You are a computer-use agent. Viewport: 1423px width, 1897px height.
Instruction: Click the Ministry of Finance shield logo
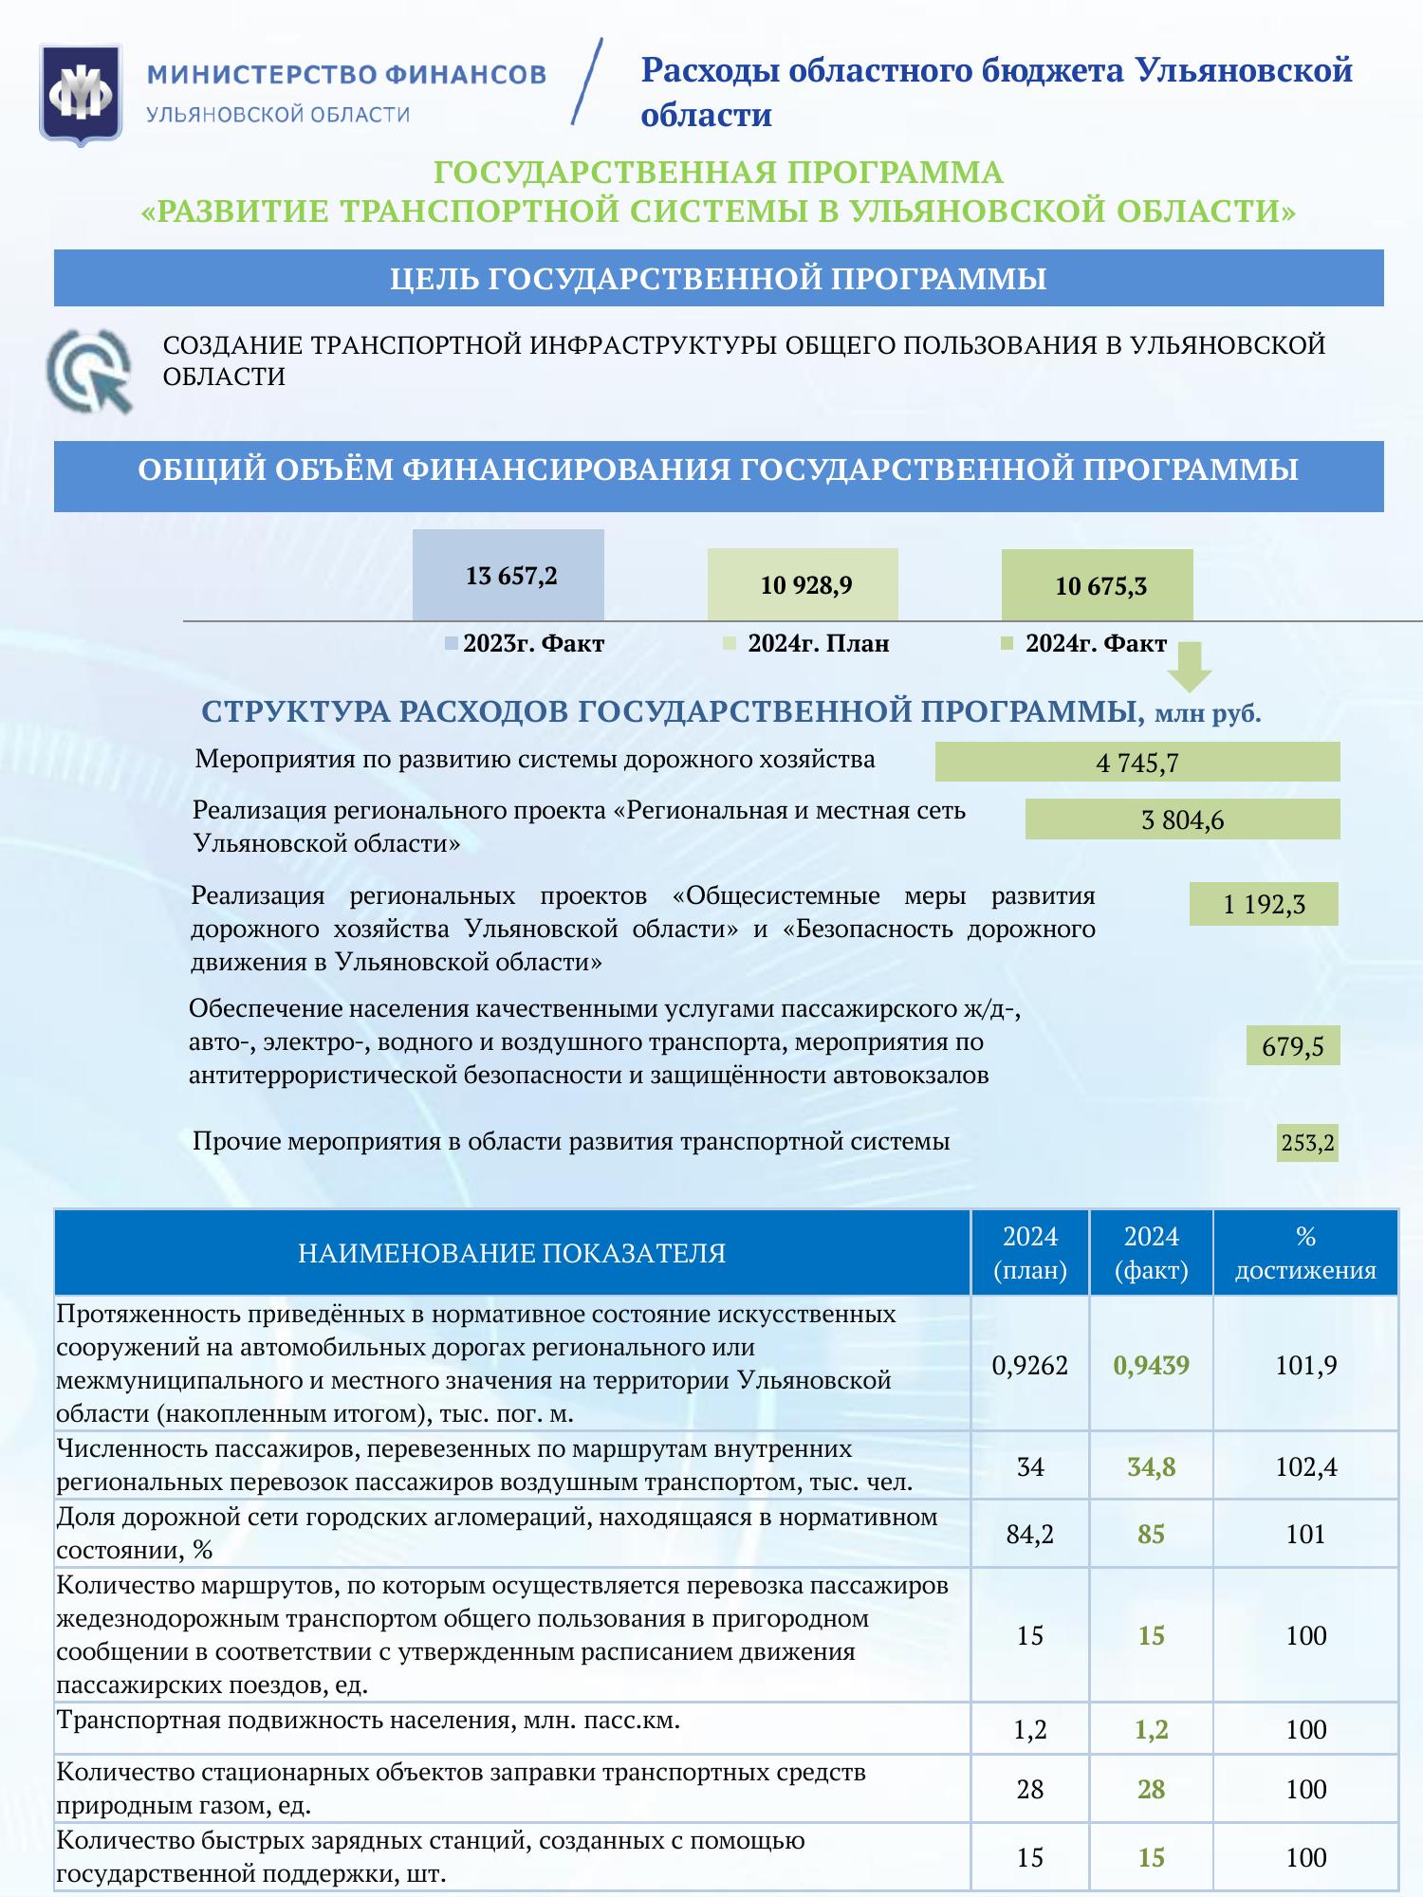(x=81, y=93)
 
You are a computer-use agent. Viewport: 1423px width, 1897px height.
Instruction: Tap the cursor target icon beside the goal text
(x=91, y=370)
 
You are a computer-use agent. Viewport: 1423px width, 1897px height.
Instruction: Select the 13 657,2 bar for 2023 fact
(x=509, y=575)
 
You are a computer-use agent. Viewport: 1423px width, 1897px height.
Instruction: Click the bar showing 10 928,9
(x=804, y=585)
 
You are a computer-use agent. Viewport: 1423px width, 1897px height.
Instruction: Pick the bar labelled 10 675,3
(x=1098, y=585)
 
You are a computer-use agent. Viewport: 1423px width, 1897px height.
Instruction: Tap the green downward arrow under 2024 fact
(x=1190, y=666)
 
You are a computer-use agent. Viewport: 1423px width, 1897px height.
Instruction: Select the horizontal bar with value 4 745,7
(x=1137, y=762)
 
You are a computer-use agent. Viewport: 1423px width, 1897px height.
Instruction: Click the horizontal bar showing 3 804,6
(x=1182, y=820)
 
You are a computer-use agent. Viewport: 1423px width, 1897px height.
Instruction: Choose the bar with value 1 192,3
(x=1264, y=904)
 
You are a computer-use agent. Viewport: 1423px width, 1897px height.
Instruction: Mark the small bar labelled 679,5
(x=1293, y=1045)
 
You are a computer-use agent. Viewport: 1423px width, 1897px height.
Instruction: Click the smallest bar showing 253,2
(x=1307, y=1143)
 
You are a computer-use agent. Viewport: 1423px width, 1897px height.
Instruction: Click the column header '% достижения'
(x=1305, y=1253)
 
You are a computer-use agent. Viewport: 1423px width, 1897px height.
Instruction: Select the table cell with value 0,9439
(x=1151, y=1365)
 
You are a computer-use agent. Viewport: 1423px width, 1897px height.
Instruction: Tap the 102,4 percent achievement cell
(x=1305, y=1467)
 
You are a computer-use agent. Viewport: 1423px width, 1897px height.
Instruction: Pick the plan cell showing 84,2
(x=1030, y=1534)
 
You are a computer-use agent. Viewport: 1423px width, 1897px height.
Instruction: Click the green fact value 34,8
(x=1151, y=1467)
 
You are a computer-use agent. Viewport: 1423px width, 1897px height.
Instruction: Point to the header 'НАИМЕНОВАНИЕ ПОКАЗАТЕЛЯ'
(x=512, y=1253)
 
